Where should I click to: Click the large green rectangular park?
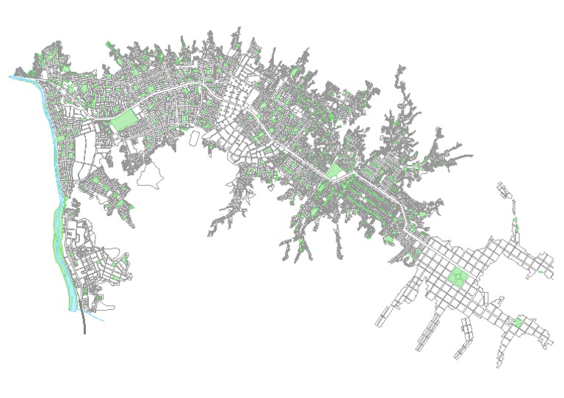125,120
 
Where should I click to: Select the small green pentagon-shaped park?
517,323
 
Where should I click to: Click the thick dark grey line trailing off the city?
84,323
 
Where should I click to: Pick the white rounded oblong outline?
194,137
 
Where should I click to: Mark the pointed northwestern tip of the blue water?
11,76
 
